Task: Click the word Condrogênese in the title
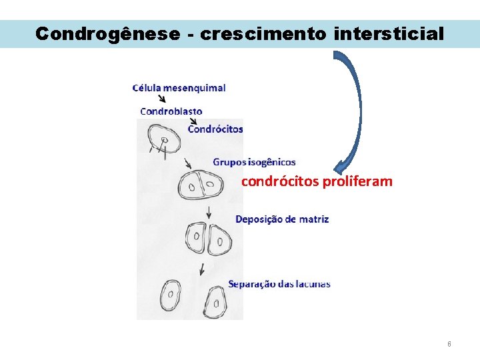pos(107,34)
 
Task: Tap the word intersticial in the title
pos(389,34)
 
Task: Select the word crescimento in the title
pos(263,34)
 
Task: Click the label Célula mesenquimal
pos(179,88)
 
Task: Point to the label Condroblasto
pos(171,111)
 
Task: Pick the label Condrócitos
pos(215,129)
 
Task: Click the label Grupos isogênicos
pos(254,162)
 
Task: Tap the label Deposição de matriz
pos(281,219)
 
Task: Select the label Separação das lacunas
pos(279,284)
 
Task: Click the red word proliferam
pos(357,181)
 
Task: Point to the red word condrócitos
pos(280,181)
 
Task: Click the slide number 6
pos(449,344)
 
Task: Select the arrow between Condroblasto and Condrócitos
pos(194,121)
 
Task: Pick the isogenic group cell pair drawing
pos(200,185)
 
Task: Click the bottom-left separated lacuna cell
pos(171,295)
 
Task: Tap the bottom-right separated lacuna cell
pos(215,303)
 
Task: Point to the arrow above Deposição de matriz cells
pos(209,213)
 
